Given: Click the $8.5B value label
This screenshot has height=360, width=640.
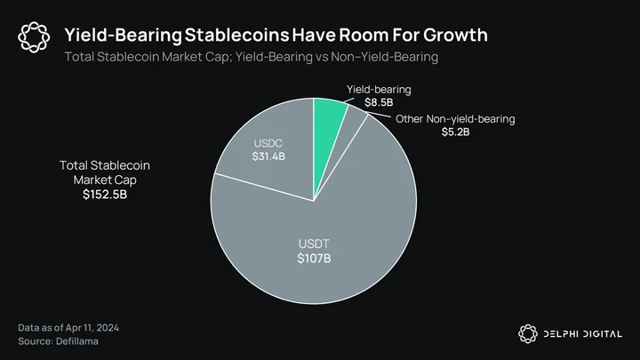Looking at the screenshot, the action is (379, 102).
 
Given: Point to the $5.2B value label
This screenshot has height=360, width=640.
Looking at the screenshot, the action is (455, 132).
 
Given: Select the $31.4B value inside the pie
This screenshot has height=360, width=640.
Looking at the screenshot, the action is (268, 156).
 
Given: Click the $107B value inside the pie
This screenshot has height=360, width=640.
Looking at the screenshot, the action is (314, 259).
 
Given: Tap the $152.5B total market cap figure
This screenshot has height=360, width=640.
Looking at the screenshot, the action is (105, 195).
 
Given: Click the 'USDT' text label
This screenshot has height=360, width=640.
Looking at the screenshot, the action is (314, 244).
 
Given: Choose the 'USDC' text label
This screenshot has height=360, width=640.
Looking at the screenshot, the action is (268, 143).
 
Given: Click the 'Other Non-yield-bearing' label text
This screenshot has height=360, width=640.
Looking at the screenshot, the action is (455, 119).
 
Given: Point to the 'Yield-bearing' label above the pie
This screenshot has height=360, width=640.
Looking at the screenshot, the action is (379, 90).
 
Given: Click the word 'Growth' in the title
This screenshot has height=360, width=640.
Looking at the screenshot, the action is (455, 35).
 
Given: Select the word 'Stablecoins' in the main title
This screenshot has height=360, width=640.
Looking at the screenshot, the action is (236, 35).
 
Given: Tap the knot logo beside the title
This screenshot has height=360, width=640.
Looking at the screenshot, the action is (34, 37).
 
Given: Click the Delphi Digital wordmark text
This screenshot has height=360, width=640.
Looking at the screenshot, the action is (583, 334).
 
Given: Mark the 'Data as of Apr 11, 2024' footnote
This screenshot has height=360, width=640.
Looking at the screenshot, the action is (68, 328).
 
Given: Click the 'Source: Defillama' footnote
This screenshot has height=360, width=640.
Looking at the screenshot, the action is (58, 341).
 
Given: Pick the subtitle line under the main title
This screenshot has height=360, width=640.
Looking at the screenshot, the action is (251, 57).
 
